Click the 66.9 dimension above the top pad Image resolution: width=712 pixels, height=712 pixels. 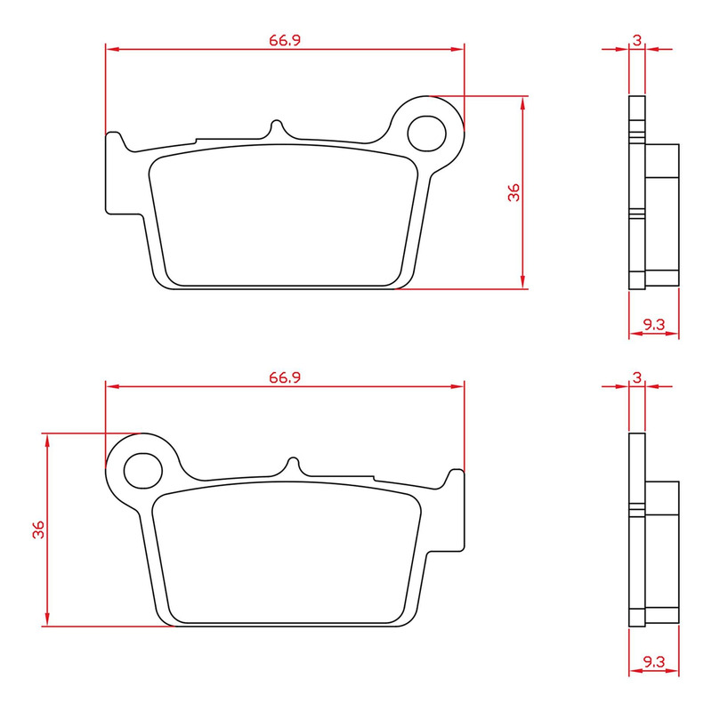(x=284, y=40)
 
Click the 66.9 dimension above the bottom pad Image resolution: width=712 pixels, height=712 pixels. (x=284, y=377)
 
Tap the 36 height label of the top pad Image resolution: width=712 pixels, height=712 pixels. (x=514, y=192)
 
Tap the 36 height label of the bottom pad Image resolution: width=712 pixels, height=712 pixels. (x=38, y=530)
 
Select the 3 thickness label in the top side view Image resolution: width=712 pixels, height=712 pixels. (x=637, y=40)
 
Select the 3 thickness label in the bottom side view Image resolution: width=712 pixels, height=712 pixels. (x=637, y=377)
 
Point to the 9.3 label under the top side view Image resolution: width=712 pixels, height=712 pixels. (x=654, y=325)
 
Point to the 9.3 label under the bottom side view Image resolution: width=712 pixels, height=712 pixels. (x=654, y=661)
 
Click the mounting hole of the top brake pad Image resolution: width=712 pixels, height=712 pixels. (x=426, y=132)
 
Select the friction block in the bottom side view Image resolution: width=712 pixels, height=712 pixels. (x=662, y=547)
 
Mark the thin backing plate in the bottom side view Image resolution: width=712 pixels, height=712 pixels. (x=636, y=530)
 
